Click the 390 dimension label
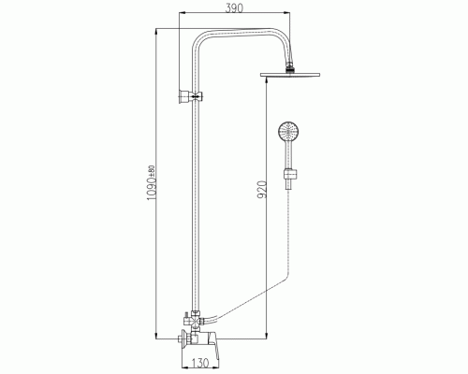tap(234, 8)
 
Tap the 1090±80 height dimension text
tap(151, 183)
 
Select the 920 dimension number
tap(262, 190)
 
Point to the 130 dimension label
tap(199, 363)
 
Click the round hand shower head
tap(288, 131)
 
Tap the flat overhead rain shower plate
tap(290, 75)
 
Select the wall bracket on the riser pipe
tap(191, 97)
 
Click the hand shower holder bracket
tap(291, 174)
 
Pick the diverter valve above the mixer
tap(196, 321)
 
